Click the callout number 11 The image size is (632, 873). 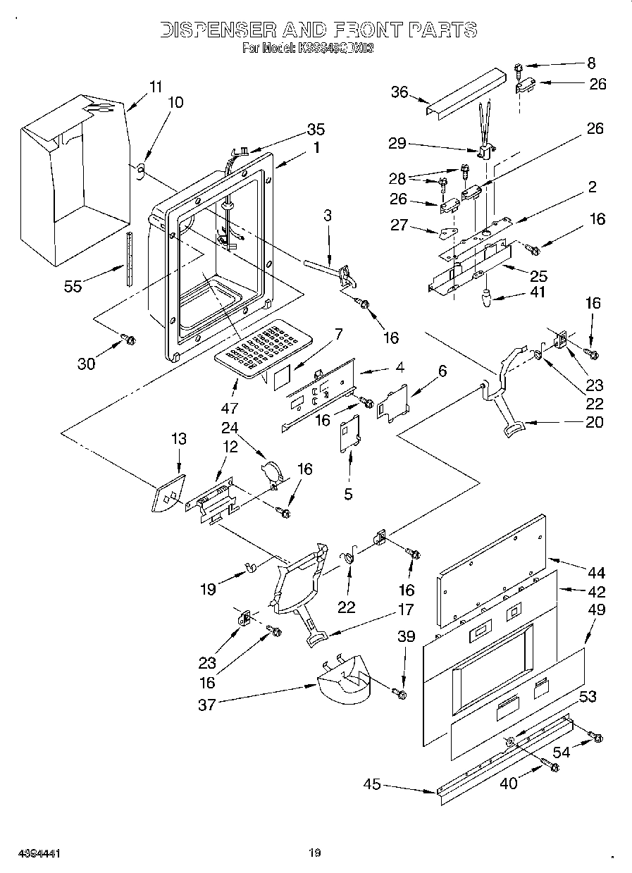155,87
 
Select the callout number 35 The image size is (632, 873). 315,129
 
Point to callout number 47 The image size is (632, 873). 230,407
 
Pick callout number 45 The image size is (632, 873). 372,784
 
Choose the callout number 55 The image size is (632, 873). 73,285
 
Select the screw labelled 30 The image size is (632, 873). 129,340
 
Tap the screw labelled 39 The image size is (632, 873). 402,695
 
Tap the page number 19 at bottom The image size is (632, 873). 314,853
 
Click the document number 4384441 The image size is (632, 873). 35,853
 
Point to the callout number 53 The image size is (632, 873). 587,697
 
